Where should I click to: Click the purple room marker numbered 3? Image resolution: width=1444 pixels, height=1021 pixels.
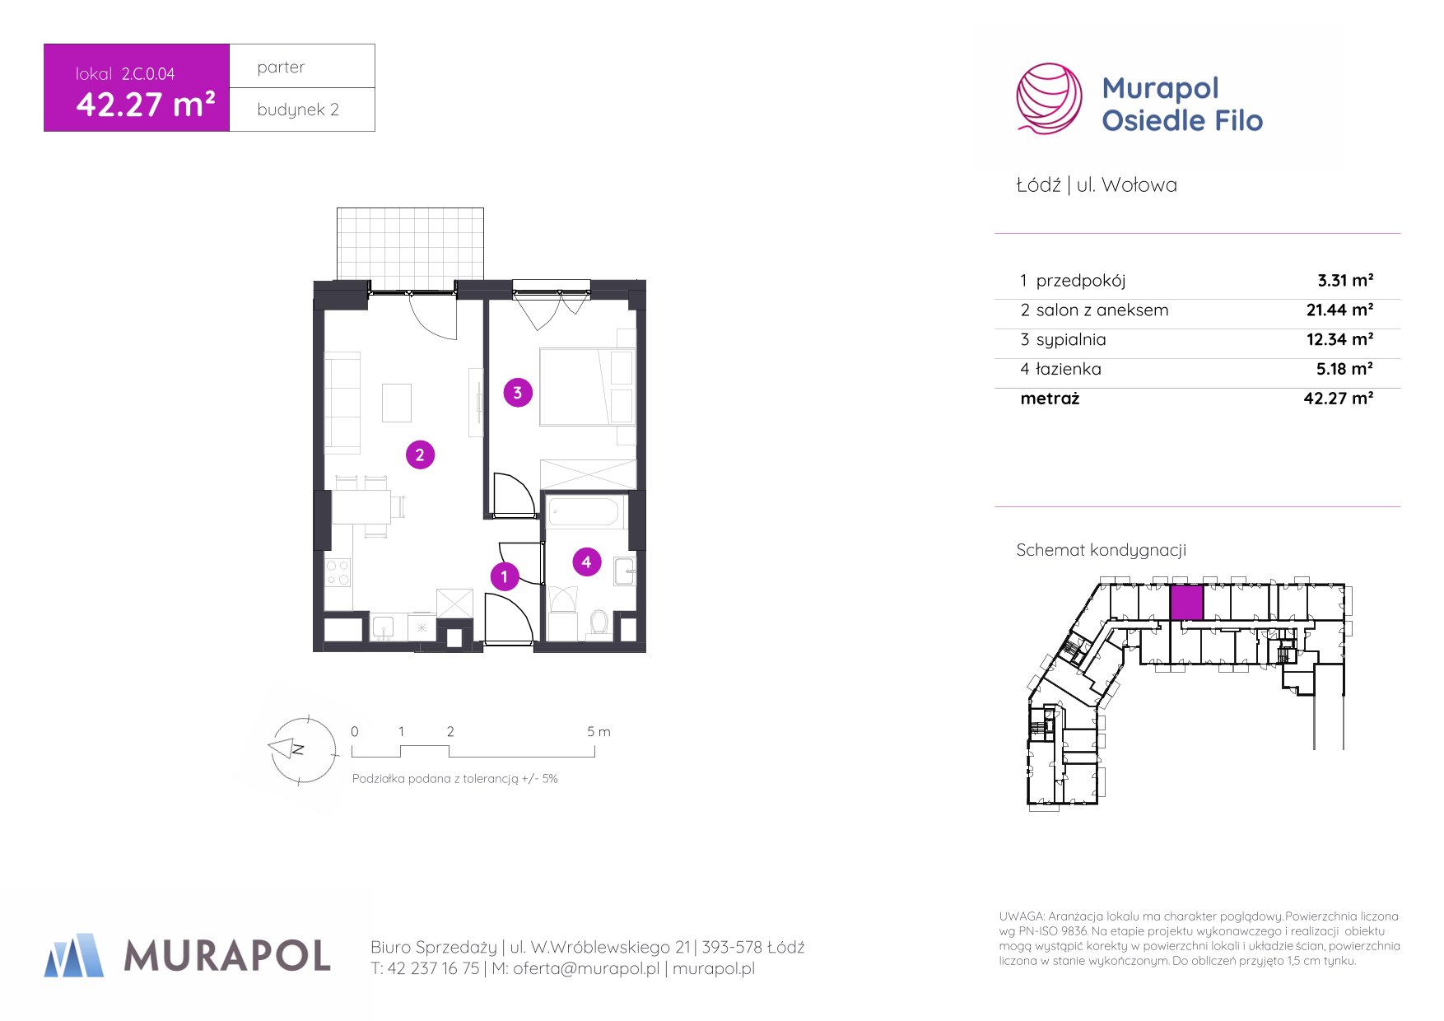pos(518,393)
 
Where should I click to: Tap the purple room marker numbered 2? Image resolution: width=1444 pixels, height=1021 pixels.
pos(420,455)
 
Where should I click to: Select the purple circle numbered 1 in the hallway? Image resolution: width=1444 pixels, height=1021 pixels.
pos(505,576)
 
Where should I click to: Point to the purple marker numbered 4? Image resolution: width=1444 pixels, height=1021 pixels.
pos(586,562)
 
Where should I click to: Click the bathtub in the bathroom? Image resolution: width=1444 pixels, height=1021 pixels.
pos(583,511)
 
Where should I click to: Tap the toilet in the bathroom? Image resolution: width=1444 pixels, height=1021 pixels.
pos(599,622)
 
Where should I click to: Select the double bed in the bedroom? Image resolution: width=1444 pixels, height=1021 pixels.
pos(587,387)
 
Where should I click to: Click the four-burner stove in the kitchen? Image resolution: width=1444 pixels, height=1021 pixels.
pos(338,572)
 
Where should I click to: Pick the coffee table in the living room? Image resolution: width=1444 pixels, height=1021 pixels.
pos(397,403)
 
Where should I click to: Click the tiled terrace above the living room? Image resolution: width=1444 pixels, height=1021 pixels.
pos(410,244)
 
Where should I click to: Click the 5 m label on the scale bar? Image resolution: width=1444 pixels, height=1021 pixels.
pos(599,731)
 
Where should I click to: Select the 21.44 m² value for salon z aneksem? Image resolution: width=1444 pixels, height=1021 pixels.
pos(1339,310)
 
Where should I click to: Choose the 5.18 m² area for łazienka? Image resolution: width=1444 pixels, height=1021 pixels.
pos(1344,369)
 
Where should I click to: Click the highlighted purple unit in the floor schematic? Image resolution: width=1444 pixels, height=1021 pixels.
pos(1186,603)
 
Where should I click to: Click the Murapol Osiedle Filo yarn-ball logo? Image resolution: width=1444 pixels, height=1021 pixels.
pos(1049,99)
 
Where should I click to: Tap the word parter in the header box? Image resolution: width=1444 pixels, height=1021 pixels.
pos(281,68)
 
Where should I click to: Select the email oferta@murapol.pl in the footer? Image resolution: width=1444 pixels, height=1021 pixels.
pos(586,968)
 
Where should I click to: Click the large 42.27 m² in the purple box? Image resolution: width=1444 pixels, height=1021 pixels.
pos(146,105)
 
